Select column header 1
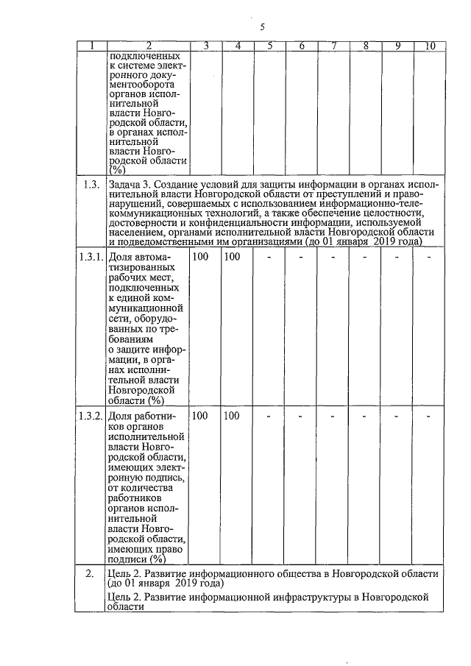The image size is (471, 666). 91,46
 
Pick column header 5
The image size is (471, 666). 270,46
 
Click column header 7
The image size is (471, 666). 334,46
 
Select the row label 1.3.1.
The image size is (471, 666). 91,257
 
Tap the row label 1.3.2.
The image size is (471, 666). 91,416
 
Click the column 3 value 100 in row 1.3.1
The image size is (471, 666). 199,257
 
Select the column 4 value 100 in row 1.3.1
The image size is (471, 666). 232,257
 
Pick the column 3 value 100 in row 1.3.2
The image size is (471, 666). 199,416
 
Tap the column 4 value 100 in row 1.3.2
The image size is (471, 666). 232,416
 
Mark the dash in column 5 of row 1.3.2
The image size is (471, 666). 269,416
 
